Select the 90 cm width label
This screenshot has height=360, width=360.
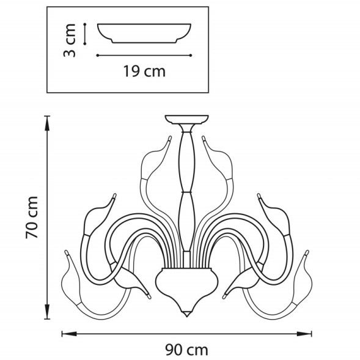point(186,350)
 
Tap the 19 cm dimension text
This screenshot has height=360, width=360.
point(144,72)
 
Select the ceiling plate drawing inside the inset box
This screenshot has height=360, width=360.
point(144,33)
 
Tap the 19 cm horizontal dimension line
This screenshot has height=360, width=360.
point(144,56)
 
